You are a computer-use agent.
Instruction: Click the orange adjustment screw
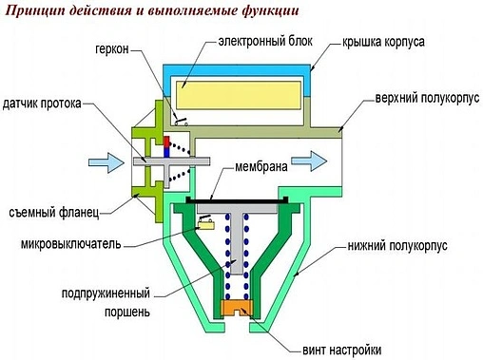coord(240,310)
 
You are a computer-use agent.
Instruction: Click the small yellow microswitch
coord(203,225)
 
